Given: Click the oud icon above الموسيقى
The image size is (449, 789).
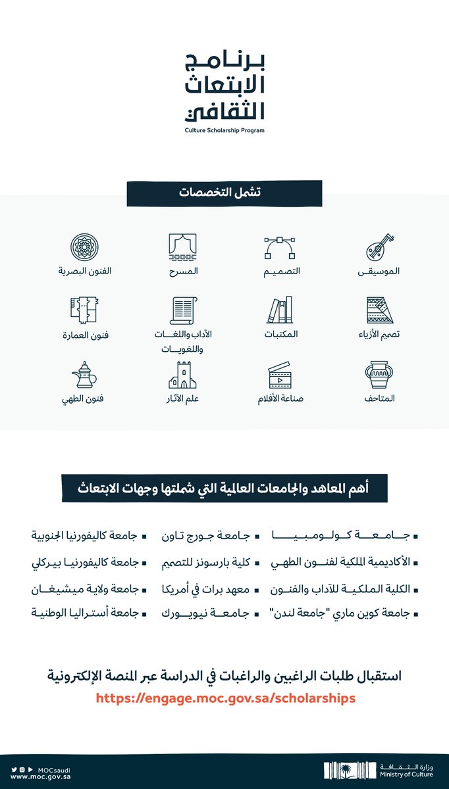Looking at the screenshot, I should pyautogui.click(x=380, y=247).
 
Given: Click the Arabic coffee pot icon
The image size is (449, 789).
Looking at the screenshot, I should pyautogui.click(x=85, y=375).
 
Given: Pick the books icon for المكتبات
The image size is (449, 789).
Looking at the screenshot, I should pyautogui.click(x=280, y=310).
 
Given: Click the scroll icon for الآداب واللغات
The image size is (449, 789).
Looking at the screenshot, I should pyautogui.click(x=182, y=311).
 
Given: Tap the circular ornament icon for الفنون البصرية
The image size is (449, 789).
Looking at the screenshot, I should pyautogui.click(x=85, y=247).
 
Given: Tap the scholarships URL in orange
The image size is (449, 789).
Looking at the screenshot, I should pyautogui.click(x=226, y=698).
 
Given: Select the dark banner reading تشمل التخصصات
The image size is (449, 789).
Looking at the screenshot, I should pyautogui.click(x=224, y=193).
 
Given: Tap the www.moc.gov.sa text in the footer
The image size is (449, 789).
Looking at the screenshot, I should pyautogui.click(x=33, y=776).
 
